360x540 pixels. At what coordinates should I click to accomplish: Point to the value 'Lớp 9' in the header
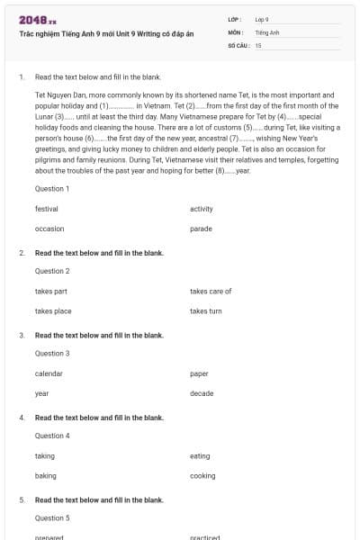(x=261, y=19)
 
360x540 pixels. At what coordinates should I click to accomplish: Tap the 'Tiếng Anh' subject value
(x=267, y=31)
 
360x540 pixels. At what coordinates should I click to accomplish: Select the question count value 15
(x=258, y=44)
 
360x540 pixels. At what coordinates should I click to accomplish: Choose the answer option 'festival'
(x=47, y=209)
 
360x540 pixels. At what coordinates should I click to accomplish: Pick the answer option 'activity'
(x=202, y=209)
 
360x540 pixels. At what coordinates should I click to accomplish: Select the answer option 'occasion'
(x=49, y=229)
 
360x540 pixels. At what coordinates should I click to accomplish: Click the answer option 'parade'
(x=201, y=229)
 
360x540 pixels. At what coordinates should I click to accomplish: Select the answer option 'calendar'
(x=49, y=373)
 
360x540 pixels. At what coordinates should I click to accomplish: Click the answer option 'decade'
(x=202, y=393)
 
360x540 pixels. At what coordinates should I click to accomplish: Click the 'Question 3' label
(x=52, y=354)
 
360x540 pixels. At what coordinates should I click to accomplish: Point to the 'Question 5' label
(x=52, y=518)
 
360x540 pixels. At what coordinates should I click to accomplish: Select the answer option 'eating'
(x=200, y=456)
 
